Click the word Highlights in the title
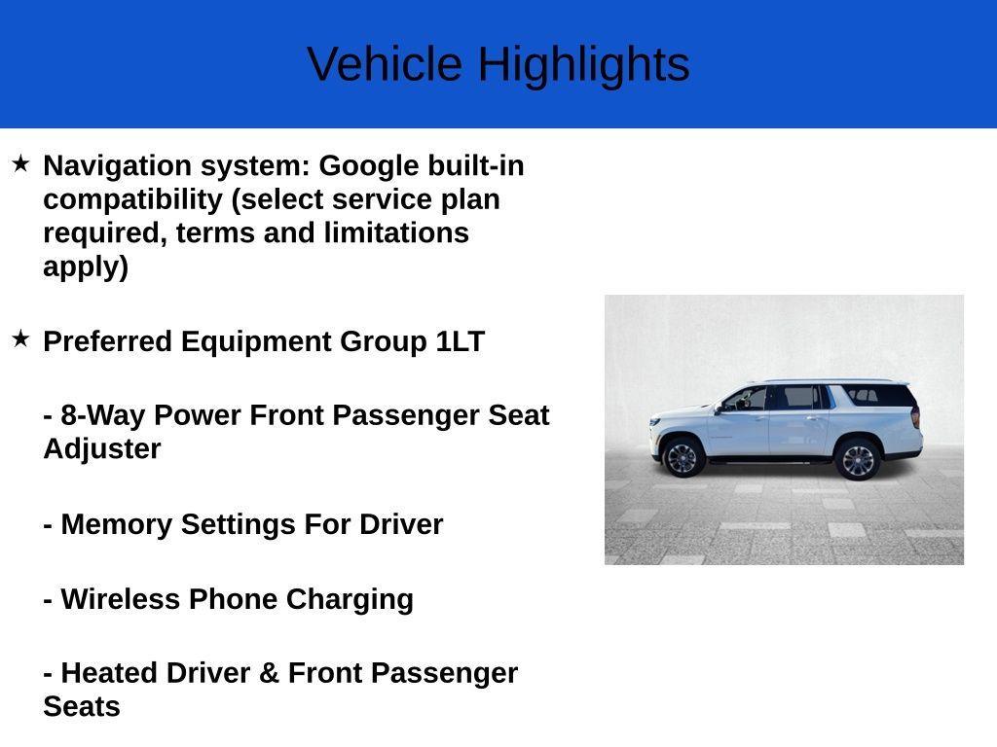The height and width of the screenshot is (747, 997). coord(583,65)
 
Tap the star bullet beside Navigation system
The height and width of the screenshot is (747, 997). coord(20,163)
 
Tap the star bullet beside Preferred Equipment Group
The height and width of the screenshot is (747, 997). coord(20,338)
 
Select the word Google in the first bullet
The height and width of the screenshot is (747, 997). coord(369,166)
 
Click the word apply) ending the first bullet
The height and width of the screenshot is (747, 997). coord(86,267)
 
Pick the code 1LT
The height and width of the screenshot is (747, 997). coord(460,342)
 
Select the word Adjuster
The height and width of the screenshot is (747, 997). coord(101,449)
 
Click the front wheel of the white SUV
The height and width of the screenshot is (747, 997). coord(682,456)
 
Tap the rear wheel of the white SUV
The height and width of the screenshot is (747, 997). coord(857,459)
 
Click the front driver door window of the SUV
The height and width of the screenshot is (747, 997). coord(747,399)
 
